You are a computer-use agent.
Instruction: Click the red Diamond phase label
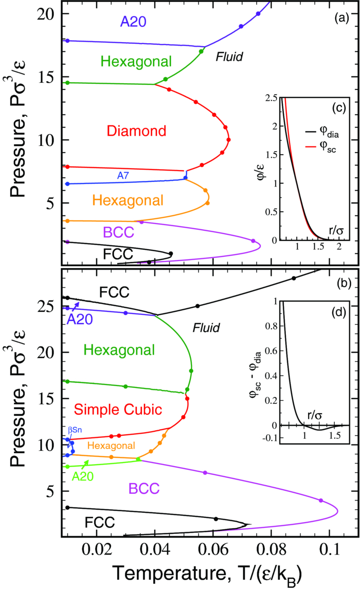[x=136, y=131]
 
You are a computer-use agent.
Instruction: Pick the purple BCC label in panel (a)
[x=119, y=232]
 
